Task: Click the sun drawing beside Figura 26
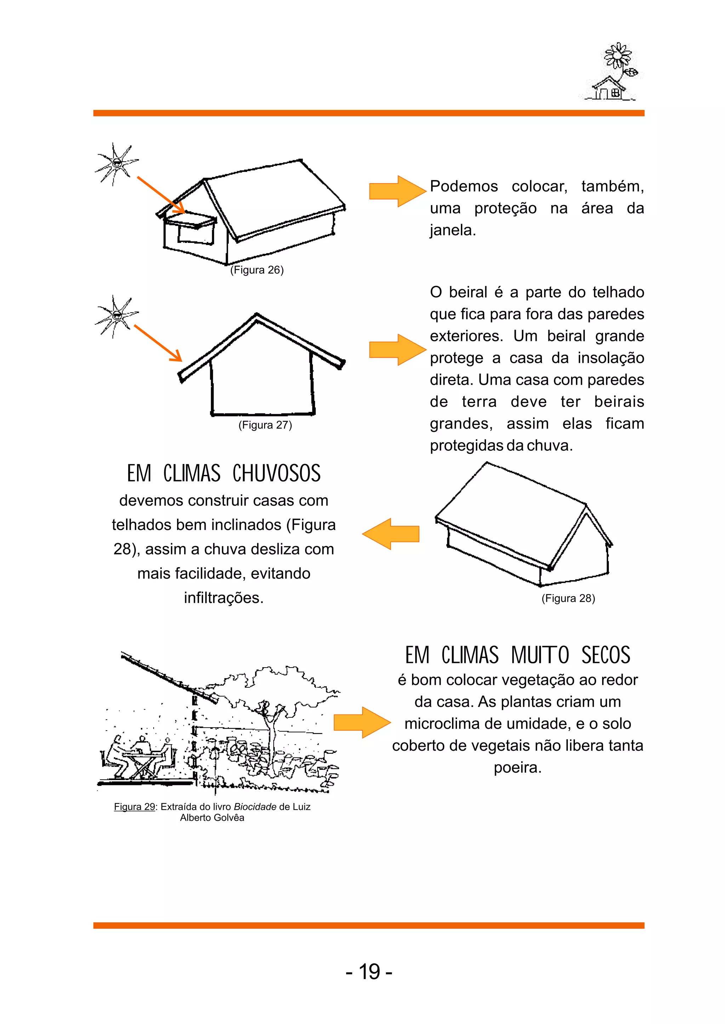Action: point(116,164)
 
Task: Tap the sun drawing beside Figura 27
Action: point(116,316)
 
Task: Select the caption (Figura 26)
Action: point(257,270)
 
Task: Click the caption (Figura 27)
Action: point(265,425)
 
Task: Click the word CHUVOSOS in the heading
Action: point(276,474)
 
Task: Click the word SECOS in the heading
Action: point(605,656)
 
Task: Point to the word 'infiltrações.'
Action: point(224,598)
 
